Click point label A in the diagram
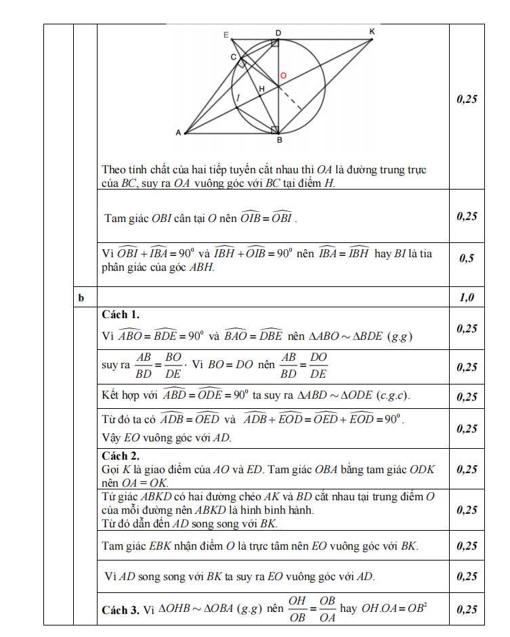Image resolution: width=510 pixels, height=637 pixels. click(x=178, y=133)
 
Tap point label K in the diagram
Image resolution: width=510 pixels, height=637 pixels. click(x=372, y=32)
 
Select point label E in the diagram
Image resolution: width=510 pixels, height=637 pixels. click(x=226, y=35)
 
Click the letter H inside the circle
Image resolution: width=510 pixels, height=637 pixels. click(x=261, y=89)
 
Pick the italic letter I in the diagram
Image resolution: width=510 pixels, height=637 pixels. click(x=238, y=98)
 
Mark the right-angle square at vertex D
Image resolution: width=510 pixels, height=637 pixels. click(x=275, y=43)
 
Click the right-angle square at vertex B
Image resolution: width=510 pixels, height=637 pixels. click(x=274, y=129)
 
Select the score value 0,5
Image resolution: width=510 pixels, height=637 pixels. click(x=467, y=258)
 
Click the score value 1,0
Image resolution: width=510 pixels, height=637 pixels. click(x=467, y=297)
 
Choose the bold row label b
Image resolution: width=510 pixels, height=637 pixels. click(x=81, y=297)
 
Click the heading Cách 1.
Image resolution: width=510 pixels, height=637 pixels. click(x=121, y=315)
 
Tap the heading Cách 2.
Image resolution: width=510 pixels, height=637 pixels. click(x=121, y=456)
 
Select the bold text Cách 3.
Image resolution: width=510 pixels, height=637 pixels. click(x=121, y=610)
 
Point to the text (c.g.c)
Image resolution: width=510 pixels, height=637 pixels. click(x=392, y=395)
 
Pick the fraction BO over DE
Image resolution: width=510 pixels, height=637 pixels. click(x=173, y=365)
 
